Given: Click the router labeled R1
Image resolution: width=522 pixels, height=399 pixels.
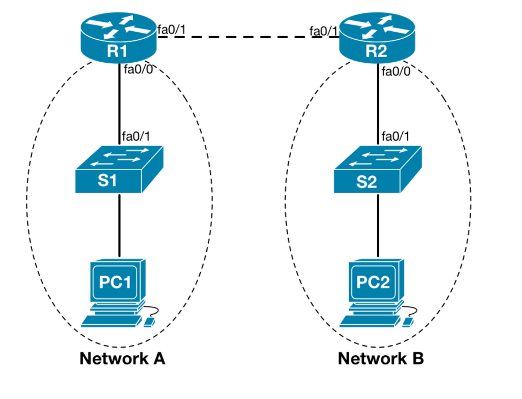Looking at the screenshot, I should click(118, 39).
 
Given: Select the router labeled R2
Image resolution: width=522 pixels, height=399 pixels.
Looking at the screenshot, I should click(377, 39).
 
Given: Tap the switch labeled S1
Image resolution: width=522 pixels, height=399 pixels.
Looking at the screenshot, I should click(118, 170).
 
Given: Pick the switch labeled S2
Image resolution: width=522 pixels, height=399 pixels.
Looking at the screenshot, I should click(377, 170).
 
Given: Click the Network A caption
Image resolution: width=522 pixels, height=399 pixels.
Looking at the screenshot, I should click(122, 359).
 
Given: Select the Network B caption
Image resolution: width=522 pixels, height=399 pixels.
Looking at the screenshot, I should click(381, 359).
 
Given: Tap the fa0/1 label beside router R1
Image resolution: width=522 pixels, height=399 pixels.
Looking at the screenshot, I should click(171, 29).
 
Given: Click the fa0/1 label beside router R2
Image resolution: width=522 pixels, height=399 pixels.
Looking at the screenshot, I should click(323, 31).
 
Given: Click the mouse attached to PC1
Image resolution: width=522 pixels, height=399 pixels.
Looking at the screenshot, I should click(149, 321).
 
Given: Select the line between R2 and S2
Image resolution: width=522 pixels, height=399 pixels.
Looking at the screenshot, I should click(378, 107).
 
